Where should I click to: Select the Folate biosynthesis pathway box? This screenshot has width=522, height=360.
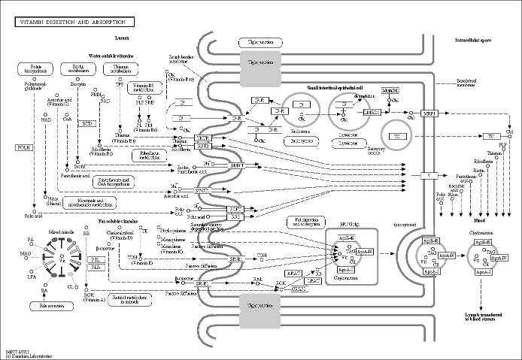pyautogui.click(x=36, y=70)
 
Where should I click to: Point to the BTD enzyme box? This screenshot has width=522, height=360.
pyautogui.click(x=88, y=123)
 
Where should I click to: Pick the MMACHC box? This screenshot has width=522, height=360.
pyautogui.click(x=389, y=90)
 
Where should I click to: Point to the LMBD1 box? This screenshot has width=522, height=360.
pyautogui.click(x=370, y=112)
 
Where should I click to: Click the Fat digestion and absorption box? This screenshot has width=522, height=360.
pyautogui.click(x=305, y=222)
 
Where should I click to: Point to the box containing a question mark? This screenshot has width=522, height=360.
pyautogui.click(x=429, y=175)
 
